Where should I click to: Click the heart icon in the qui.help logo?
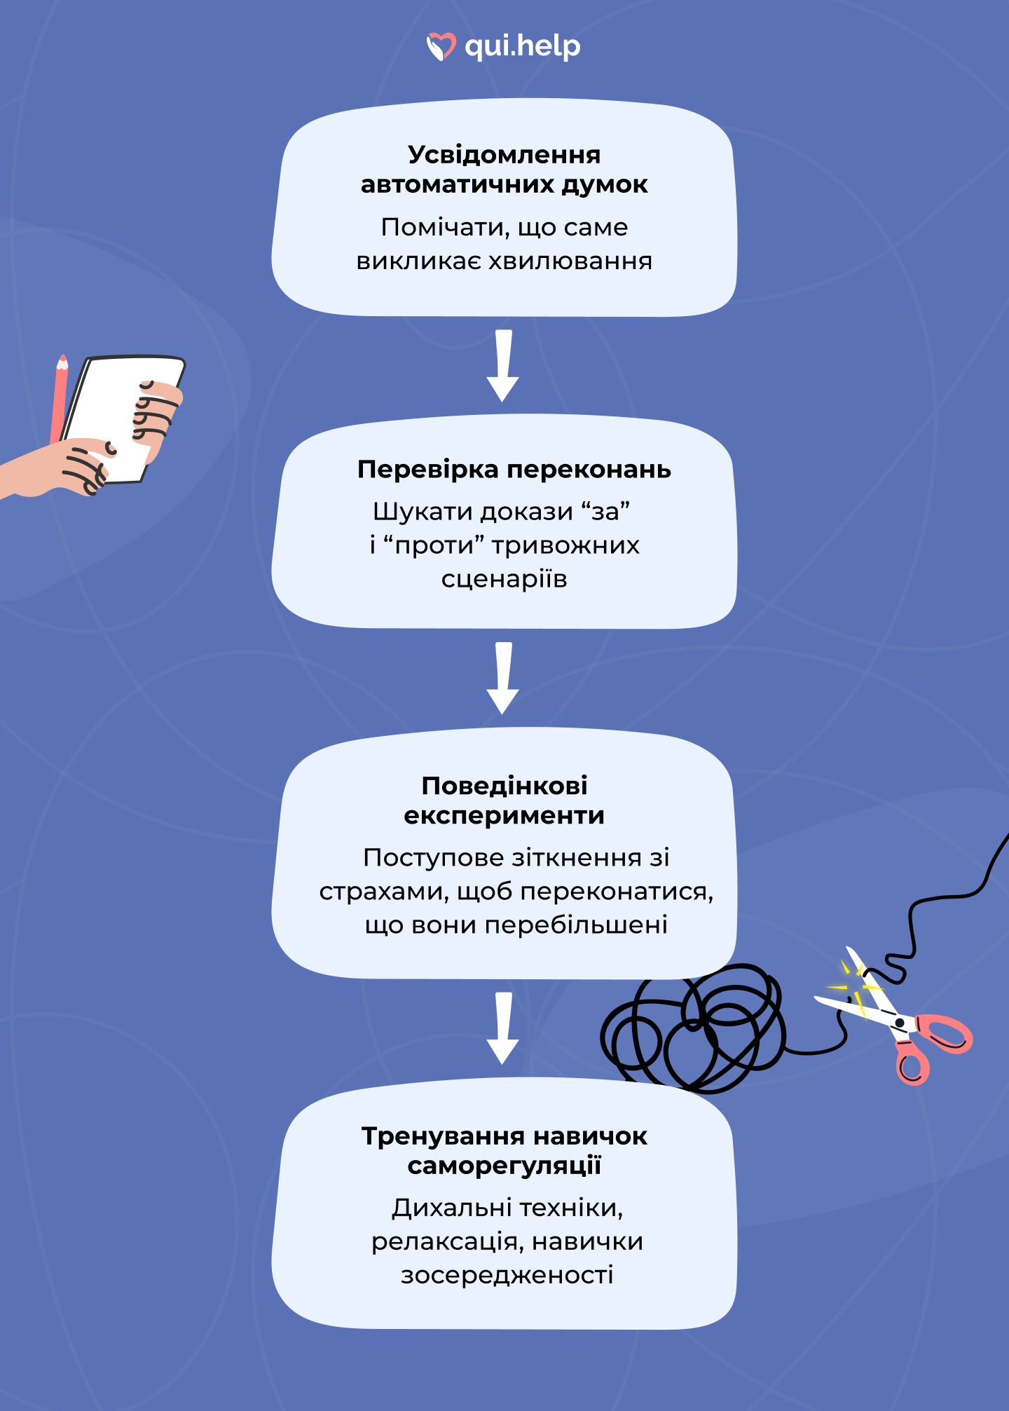click(x=441, y=46)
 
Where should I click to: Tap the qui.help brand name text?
click(x=523, y=46)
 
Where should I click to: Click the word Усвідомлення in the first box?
click(x=504, y=155)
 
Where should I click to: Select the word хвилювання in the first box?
click(x=570, y=261)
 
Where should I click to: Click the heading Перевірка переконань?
click(x=514, y=469)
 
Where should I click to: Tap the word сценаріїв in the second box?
click(x=504, y=579)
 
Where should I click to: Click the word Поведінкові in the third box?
click(x=504, y=786)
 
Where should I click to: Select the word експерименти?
click(x=504, y=815)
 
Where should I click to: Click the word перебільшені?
click(x=575, y=925)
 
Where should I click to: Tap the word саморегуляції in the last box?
click(x=504, y=1166)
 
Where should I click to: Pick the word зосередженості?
click(x=507, y=1274)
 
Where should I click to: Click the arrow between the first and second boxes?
click(x=503, y=365)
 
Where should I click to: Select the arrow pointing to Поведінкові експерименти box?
click(x=503, y=678)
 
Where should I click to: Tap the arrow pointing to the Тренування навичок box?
click(x=503, y=1028)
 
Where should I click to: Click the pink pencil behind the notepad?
click(x=59, y=400)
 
